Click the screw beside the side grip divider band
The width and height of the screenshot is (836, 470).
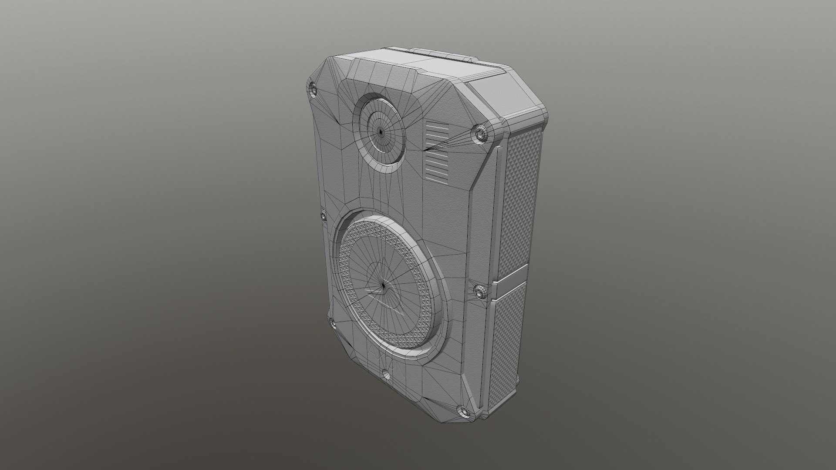pyautogui.click(x=480, y=291)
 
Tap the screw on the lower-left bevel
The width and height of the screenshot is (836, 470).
pyautogui.click(x=332, y=322)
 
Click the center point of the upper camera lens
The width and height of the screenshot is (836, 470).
pyautogui.click(x=381, y=131)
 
